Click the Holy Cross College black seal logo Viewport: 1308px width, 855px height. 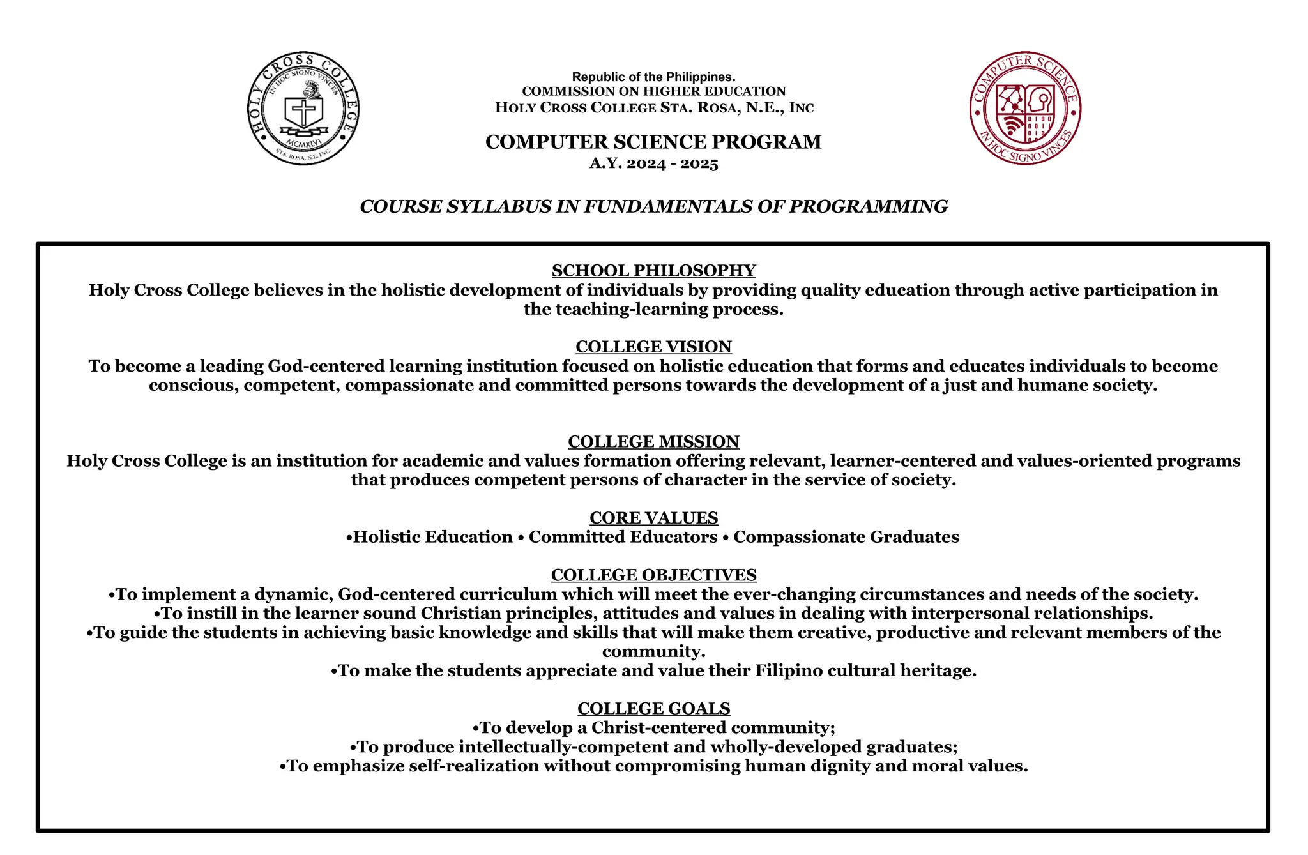coord(303,109)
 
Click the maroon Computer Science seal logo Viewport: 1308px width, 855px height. coord(1025,109)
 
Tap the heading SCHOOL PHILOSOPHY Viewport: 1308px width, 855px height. coord(653,271)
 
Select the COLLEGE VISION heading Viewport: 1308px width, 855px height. coord(653,347)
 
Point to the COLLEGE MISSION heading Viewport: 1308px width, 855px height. coord(653,442)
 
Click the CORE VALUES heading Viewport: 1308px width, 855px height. coord(653,518)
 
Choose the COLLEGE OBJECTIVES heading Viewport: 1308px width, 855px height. coord(653,575)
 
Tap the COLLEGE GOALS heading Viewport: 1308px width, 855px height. coord(653,709)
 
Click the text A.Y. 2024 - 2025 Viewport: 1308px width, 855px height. coord(653,163)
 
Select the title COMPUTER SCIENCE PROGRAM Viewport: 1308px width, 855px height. coord(653,142)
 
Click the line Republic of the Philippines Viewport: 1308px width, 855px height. coord(653,77)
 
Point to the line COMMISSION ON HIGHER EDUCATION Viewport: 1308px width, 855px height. coord(653,91)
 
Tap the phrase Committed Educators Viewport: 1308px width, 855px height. coord(623,537)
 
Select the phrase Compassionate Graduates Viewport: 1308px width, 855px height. coord(846,537)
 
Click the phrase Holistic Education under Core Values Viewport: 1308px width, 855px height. coord(433,537)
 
